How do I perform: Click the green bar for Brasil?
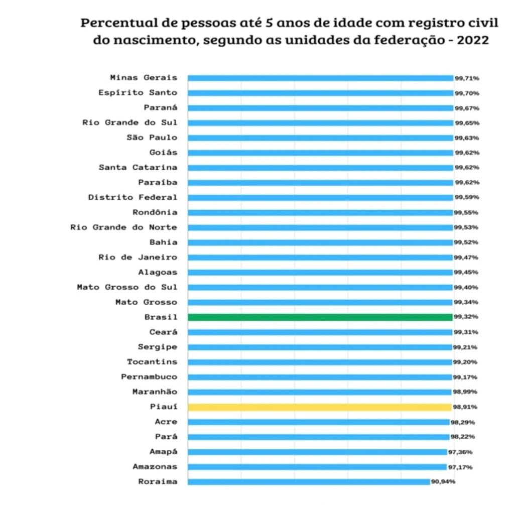(x=320, y=317)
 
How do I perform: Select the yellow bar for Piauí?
(x=320, y=407)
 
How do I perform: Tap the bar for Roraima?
(x=309, y=482)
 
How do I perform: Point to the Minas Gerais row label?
(x=144, y=78)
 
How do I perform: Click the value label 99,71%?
(x=467, y=78)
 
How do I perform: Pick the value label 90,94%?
(x=443, y=482)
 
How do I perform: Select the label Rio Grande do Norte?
(x=123, y=227)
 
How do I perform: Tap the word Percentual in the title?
(x=116, y=23)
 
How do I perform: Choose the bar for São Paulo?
(x=320, y=138)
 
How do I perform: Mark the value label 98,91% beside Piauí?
(x=466, y=407)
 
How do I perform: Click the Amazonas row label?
(x=155, y=467)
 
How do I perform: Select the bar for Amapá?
(x=317, y=452)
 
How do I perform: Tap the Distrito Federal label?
(x=133, y=197)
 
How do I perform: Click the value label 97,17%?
(x=460, y=467)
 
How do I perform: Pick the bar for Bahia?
(x=320, y=242)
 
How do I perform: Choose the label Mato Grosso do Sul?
(x=127, y=287)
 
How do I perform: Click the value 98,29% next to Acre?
(x=462, y=422)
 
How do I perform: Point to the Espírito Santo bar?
(x=320, y=93)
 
